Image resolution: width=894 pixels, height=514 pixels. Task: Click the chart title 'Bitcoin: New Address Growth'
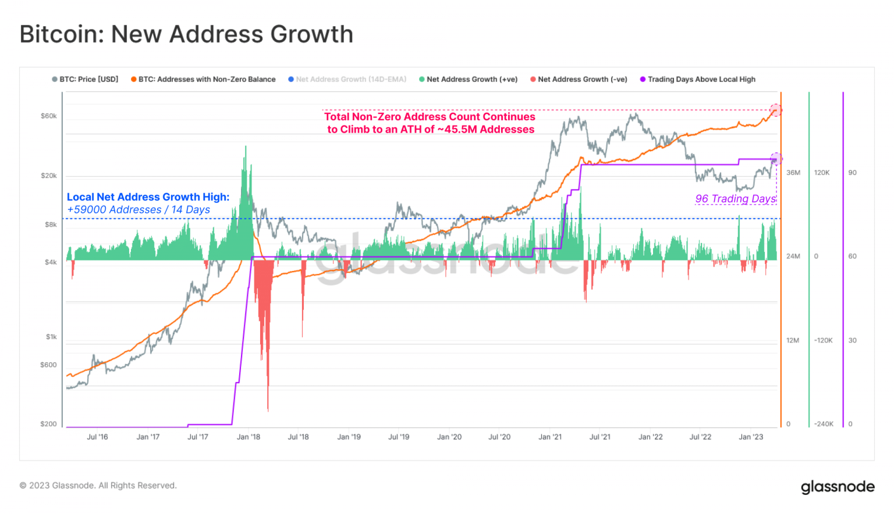186,34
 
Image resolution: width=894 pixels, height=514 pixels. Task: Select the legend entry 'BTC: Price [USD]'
88,79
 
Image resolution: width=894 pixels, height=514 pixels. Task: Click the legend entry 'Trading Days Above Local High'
701,79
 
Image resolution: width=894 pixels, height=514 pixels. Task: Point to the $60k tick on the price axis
49,116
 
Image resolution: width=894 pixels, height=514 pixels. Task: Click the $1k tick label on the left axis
51,337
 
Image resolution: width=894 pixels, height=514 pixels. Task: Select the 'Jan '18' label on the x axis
249,437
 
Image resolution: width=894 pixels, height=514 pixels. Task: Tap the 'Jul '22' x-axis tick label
700,437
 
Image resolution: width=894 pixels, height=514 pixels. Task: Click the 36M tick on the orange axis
793,173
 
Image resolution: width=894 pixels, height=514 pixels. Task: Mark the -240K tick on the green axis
824,424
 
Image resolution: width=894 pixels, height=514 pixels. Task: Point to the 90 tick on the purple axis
852,173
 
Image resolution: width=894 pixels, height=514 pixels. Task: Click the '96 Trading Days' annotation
735,199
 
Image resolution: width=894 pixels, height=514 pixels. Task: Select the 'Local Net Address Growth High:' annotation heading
148,197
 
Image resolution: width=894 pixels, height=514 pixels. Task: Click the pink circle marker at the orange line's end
776,110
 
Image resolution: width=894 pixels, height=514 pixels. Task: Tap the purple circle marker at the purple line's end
776,159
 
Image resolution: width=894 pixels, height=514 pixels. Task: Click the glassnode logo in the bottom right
838,487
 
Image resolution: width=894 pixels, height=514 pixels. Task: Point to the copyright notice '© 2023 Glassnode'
98,486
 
